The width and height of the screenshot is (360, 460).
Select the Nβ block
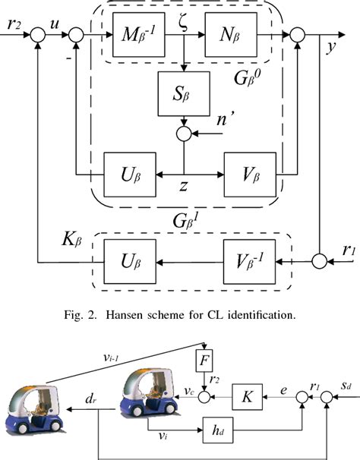[x=231, y=36]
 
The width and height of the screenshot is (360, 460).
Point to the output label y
[x=332, y=47]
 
